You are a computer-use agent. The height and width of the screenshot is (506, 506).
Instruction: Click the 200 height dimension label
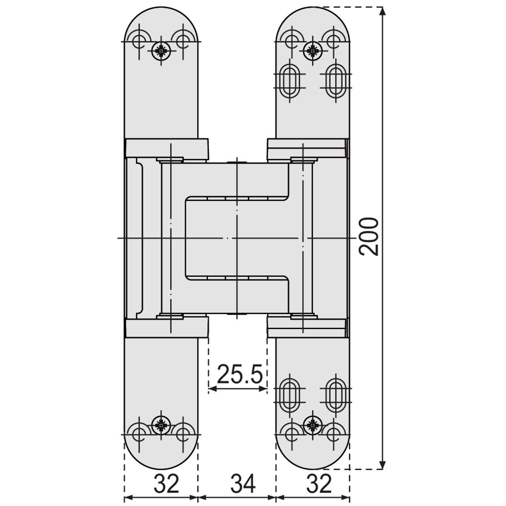click(369, 236)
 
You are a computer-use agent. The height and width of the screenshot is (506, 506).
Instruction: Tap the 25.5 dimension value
click(240, 374)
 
